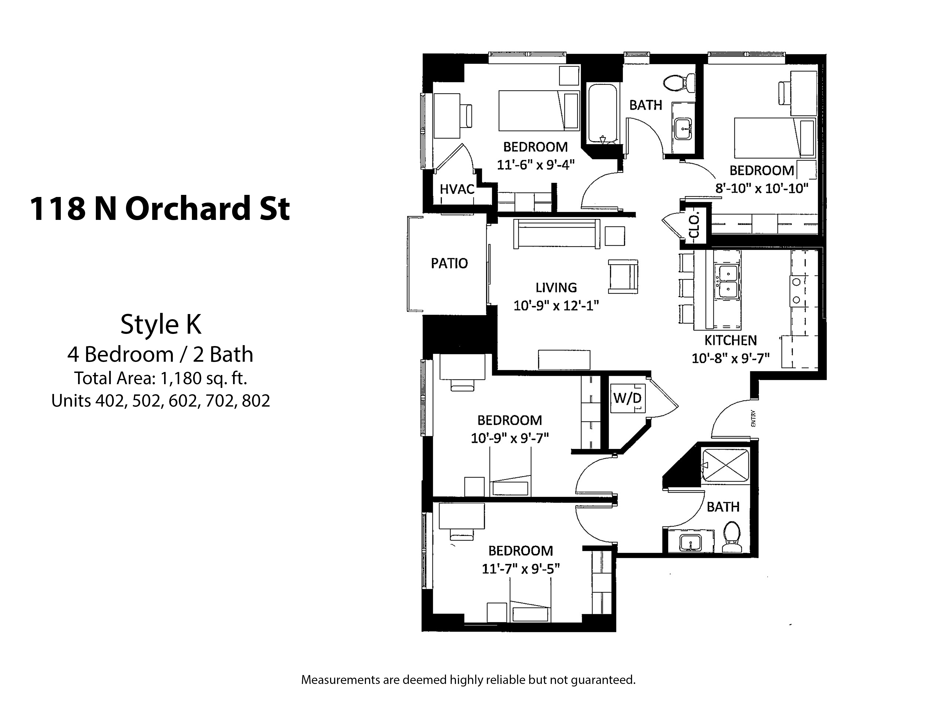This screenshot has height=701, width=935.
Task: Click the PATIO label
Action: [x=449, y=263]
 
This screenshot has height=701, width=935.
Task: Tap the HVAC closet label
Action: [x=457, y=189]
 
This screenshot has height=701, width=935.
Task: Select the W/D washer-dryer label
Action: [x=627, y=398]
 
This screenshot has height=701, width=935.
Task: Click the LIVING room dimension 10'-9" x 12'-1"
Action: [x=556, y=305]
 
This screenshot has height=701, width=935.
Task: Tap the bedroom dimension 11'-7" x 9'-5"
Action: [x=521, y=569]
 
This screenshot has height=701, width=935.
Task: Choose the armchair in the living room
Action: [x=623, y=276]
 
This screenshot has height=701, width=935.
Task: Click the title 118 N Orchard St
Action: [x=160, y=209]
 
